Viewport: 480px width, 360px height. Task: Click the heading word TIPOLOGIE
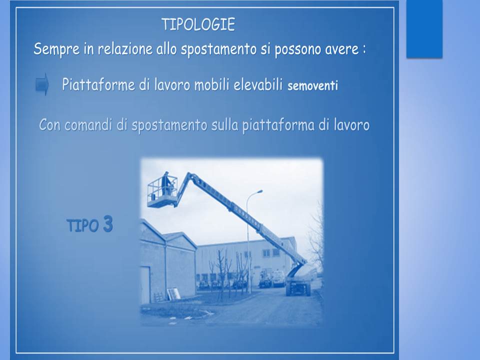coord(198,25)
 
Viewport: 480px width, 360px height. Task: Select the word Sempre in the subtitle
coord(56,49)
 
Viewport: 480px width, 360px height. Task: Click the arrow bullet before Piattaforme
coord(42,84)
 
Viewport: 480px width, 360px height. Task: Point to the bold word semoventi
coord(312,85)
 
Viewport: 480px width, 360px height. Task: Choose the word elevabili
coord(258,84)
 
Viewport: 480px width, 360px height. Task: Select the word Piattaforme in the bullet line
coord(98,84)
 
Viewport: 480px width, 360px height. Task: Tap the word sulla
coord(224,125)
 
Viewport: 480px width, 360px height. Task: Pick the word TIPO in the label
coord(82,226)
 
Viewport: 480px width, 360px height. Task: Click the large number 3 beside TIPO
coord(108,224)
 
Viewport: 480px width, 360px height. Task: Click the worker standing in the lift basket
coord(166,183)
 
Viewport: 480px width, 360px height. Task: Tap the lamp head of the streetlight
coord(259,191)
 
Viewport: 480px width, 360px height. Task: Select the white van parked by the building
coord(278,278)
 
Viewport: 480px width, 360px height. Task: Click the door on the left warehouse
coord(145,284)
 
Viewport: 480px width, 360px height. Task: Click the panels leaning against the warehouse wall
coord(173,294)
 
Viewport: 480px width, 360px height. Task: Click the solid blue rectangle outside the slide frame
coord(424,29)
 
